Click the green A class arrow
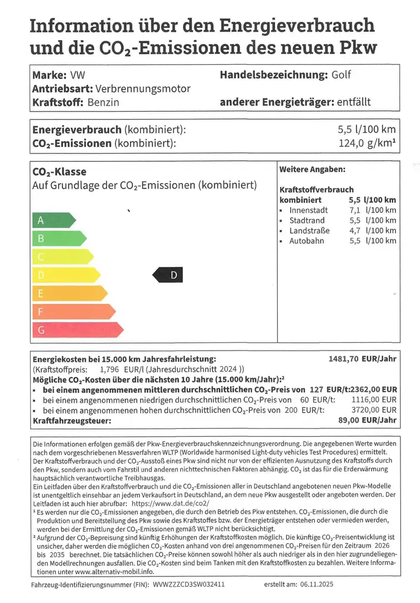coord(52,221)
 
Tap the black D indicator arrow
coord(168,275)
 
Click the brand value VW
coord(78,75)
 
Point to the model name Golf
coord(341,75)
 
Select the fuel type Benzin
coord(103,102)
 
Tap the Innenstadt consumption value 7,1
coord(355,210)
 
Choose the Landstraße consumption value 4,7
coord(355,231)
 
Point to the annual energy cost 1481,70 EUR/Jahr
coord(363,360)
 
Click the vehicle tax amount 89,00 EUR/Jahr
coord(368,420)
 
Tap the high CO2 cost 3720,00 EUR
coord(374,410)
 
